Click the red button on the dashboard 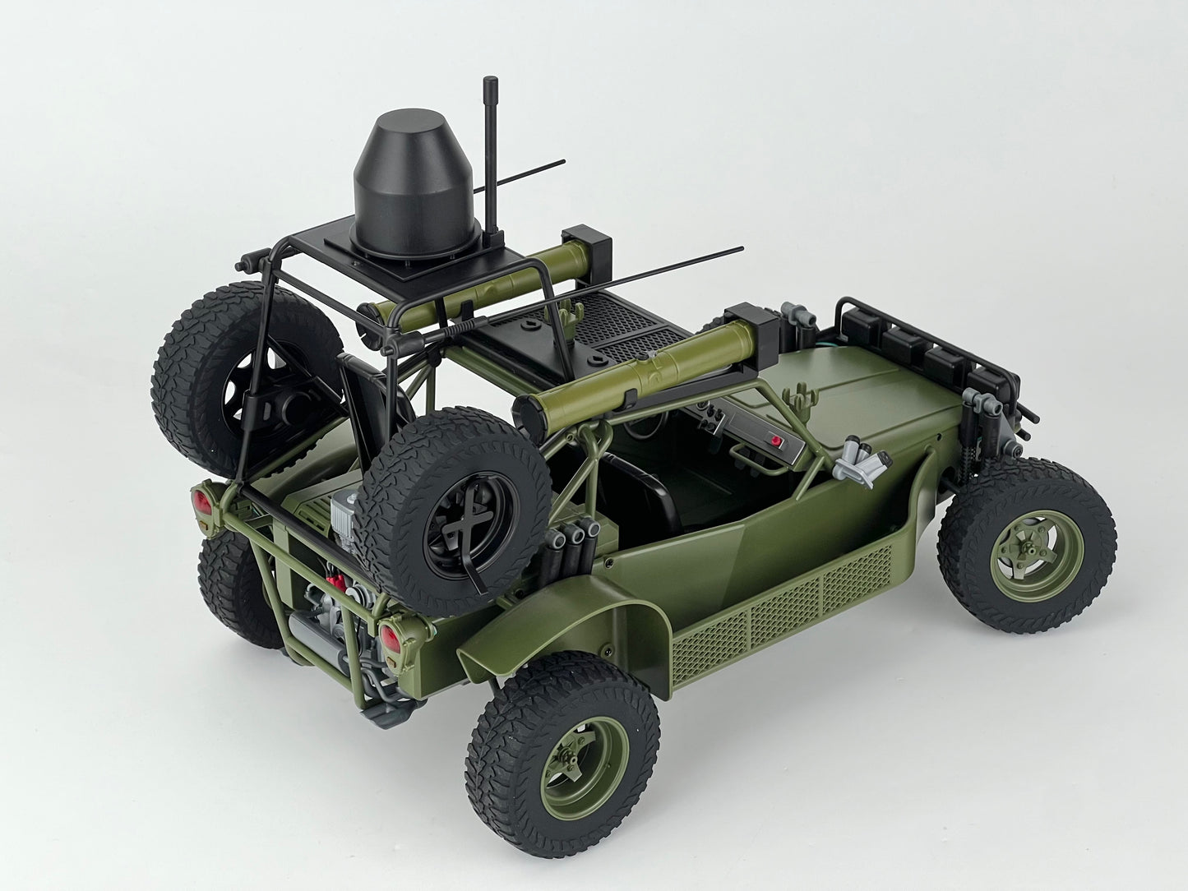tap(775, 441)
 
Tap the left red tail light tap(199, 500)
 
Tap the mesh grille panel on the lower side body tap(781, 604)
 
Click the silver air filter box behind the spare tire tap(344, 518)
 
